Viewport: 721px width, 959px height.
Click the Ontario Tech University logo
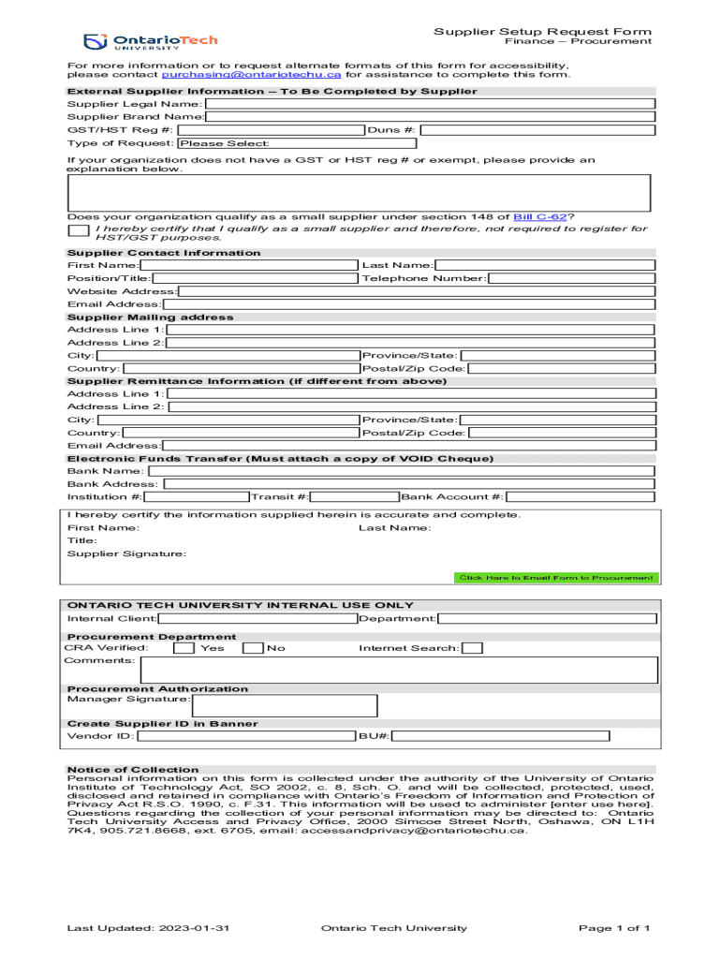(x=150, y=42)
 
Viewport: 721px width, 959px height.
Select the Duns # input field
(x=536, y=130)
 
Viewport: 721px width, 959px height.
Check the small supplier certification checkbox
(x=79, y=230)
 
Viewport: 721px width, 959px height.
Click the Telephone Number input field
(x=570, y=278)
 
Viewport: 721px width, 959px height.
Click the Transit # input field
(x=355, y=496)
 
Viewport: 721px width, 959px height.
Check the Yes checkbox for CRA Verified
(x=184, y=648)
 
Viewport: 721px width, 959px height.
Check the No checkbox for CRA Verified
(x=253, y=648)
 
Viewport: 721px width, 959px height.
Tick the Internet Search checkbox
(x=473, y=648)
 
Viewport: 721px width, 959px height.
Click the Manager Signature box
(x=285, y=705)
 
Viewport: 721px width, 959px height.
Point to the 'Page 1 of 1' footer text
(x=613, y=928)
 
